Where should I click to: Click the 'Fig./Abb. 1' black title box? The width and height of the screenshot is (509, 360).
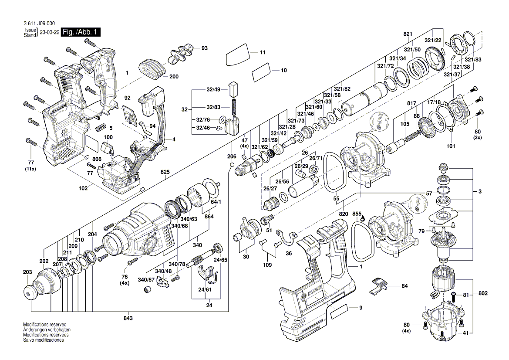tap(81, 32)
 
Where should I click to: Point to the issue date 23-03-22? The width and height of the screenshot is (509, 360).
tap(50, 33)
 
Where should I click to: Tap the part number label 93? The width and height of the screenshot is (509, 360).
tap(204, 48)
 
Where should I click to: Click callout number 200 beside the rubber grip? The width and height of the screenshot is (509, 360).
tap(174, 77)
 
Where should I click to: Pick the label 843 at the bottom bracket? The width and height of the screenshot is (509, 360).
tap(128, 318)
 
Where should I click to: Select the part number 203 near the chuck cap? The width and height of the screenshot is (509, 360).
tap(27, 272)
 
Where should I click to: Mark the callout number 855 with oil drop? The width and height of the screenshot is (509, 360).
tap(357, 214)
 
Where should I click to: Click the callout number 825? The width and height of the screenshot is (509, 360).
tap(165, 172)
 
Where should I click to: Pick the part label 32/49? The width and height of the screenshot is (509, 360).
tap(214, 89)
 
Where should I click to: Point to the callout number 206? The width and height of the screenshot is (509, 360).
tap(232, 156)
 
